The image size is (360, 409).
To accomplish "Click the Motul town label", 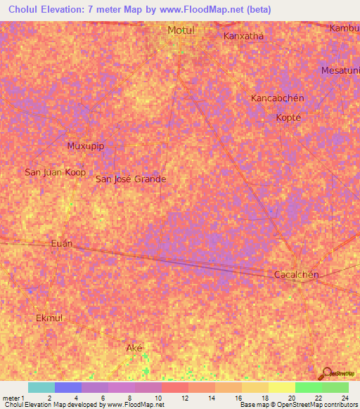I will click(x=180, y=30).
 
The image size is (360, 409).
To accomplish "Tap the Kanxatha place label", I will click(x=243, y=36).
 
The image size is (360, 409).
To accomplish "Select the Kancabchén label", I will click(x=277, y=98).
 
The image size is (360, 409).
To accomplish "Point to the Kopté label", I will click(x=288, y=117).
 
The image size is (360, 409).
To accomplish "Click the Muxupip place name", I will click(x=85, y=146).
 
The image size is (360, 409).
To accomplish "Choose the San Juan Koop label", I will click(x=55, y=172).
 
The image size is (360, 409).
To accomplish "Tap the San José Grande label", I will click(x=131, y=179).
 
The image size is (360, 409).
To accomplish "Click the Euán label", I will click(x=62, y=243).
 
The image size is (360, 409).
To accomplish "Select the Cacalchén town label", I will click(x=296, y=275).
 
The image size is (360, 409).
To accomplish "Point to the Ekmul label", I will click(x=49, y=318).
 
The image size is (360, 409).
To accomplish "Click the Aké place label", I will click(x=134, y=349).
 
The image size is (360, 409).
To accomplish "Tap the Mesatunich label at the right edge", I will click(x=340, y=71).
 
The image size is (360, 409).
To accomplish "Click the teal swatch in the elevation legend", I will click(x=41, y=387).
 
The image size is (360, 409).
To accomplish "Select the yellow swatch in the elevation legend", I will click(x=281, y=387).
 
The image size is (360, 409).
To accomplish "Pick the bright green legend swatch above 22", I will click(x=308, y=387).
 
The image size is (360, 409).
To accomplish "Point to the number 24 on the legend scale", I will click(x=345, y=398).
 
